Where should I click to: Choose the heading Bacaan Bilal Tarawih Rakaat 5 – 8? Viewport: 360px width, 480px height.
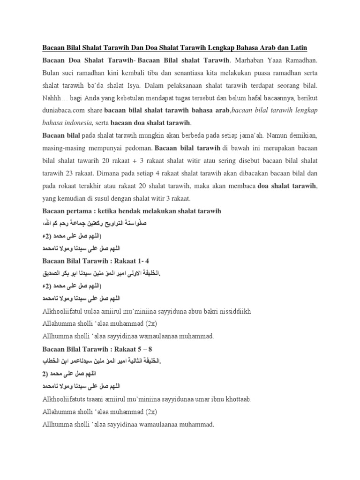[100, 348]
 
